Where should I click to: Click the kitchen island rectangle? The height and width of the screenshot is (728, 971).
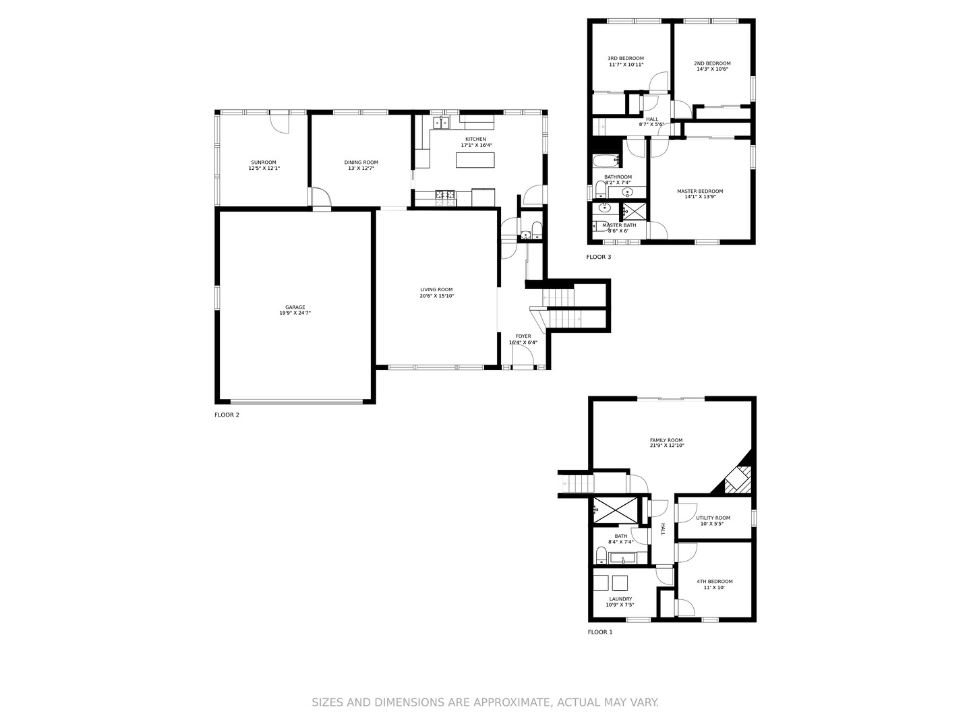475,160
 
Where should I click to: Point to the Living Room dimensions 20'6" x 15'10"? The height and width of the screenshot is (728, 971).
437,296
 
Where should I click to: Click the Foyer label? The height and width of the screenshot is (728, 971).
523,336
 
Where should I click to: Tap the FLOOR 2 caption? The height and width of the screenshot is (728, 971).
227,415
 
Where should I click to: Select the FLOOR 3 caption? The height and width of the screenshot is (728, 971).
599,257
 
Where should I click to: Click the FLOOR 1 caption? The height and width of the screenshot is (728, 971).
600,632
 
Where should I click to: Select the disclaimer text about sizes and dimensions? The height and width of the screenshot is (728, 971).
486,702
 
